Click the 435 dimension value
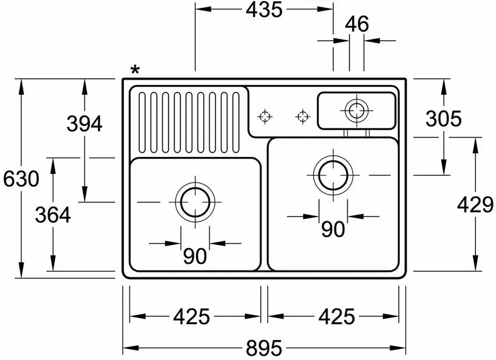[x=264, y=10]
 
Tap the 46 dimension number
[x=357, y=24]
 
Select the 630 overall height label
[x=21, y=179]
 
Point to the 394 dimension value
[x=84, y=123]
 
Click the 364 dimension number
[x=53, y=215]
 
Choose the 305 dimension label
[x=444, y=119]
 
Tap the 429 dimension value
[x=475, y=205]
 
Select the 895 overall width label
[x=264, y=348]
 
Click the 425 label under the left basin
[x=191, y=316]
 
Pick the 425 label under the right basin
[x=337, y=316]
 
